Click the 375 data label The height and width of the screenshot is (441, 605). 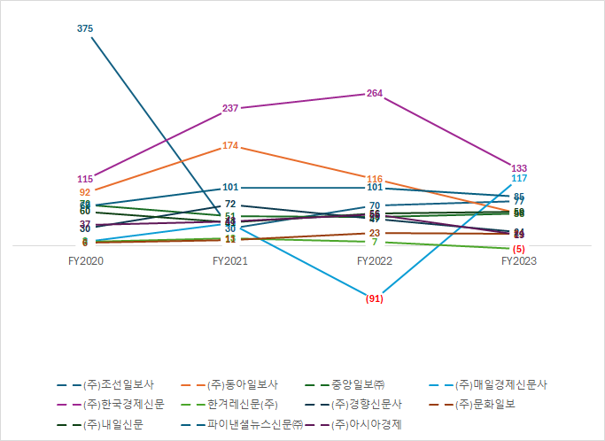pyautogui.click(x=85, y=29)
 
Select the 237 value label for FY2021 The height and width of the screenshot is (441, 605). pyautogui.click(x=230, y=108)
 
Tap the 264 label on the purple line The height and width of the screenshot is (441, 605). pyautogui.click(x=375, y=94)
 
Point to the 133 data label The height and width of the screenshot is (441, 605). pyautogui.click(x=519, y=168)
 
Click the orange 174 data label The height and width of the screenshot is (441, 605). pyautogui.click(x=230, y=145)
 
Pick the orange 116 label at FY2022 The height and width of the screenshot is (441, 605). pyautogui.click(x=375, y=179)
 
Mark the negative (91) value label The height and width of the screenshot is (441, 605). pyautogui.click(x=374, y=298)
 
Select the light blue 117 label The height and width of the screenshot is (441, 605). pyautogui.click(x=519, y=178)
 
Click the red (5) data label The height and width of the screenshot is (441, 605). pyautogui.click(x=519, y=249)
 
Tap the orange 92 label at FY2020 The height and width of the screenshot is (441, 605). pyautogui.click(x=85, y=192)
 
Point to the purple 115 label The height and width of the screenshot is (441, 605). pyautogui.click(x=85, y=179)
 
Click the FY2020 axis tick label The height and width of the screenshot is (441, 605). pyautogui.click(x=85, y=261)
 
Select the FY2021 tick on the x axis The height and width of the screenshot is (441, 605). pyautogui.click(x=230, y=261)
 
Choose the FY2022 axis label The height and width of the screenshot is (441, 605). pyautogui.click(x=375, y=261)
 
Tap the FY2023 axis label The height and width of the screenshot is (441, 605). pyautogui.click(x=519, y=261)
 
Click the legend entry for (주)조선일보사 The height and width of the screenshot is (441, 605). pyautogui.click(x=120, y=385)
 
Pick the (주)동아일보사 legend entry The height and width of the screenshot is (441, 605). pyautogui.click(x=242, y=385)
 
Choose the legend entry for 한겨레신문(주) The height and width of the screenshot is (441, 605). pyautogui.click(x=242, y=405)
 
